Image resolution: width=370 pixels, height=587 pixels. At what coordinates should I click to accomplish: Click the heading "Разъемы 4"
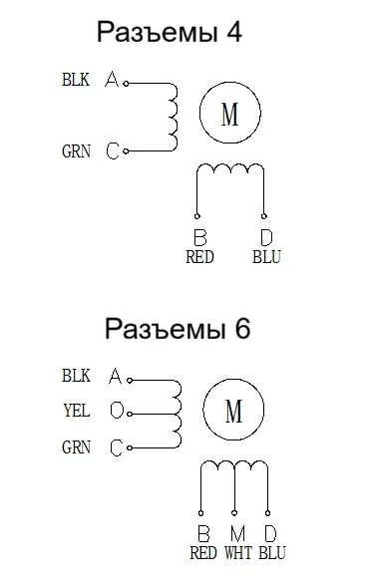point(170,33)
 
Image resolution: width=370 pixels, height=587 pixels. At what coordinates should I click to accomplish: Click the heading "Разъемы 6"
point(178,329)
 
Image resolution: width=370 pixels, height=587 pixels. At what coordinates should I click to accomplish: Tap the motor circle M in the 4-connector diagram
point(229,115)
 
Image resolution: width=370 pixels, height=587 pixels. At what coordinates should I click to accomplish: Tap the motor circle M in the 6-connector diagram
point(234,410)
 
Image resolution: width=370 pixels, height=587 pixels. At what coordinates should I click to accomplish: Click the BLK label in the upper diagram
point(76,80)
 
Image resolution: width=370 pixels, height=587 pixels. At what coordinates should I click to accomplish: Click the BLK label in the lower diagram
point(76,376)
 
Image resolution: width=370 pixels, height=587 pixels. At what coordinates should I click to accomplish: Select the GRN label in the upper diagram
point(76,151)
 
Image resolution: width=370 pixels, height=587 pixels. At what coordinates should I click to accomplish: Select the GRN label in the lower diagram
point(76,447)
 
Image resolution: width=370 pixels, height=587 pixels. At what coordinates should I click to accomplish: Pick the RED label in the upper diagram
point(200,257)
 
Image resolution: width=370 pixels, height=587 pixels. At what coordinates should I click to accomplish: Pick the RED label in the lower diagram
point(203,552)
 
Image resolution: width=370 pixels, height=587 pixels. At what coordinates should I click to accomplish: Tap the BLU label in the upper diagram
point(266,257)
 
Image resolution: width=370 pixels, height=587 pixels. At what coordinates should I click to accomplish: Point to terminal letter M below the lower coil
point(236,533)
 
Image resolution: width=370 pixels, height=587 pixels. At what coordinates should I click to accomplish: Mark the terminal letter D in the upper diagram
point(266,238)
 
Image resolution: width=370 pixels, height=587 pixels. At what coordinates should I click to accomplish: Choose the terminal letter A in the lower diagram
point(115,377)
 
